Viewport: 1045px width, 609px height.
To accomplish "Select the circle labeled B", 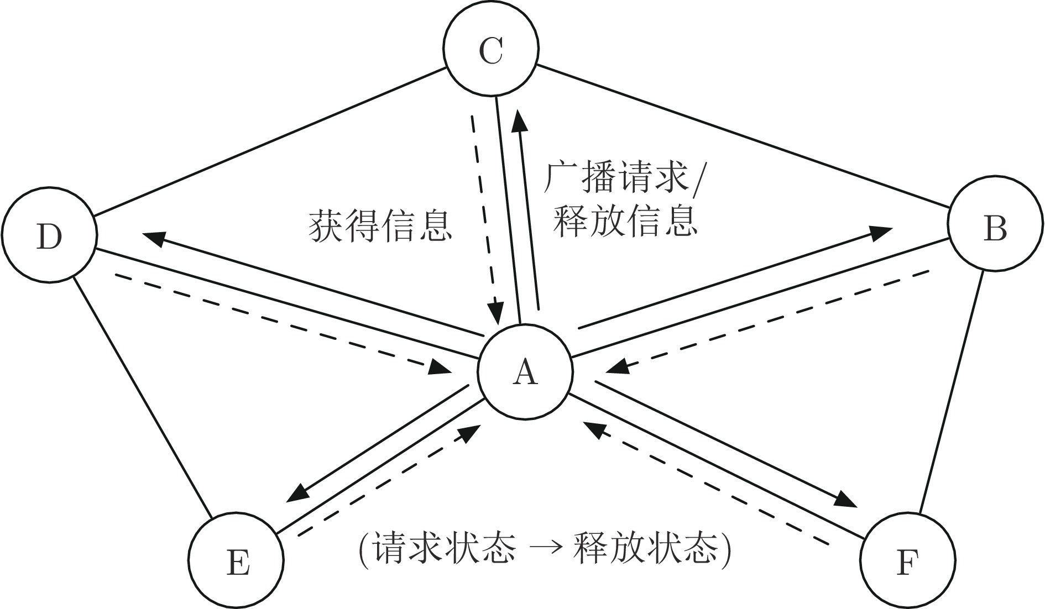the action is click(995, 223).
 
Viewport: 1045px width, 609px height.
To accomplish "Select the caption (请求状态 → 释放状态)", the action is click(546, 549).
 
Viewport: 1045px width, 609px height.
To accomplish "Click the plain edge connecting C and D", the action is click(271, 141).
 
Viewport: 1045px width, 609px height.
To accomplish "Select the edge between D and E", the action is click(143, 397).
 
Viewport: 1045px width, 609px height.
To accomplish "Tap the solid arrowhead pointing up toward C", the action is click(518, 120).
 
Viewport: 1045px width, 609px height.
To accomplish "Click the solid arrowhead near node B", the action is click(879, 233).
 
